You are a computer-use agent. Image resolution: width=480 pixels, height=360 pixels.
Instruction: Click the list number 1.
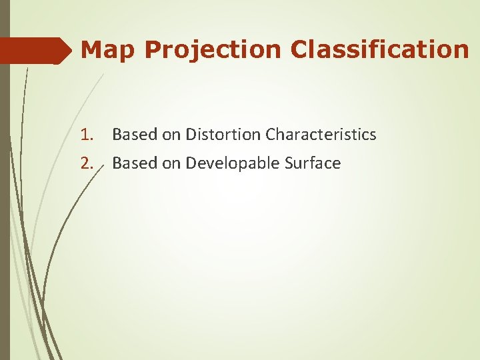87,135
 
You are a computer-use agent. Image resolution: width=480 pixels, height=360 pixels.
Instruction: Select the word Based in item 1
135,135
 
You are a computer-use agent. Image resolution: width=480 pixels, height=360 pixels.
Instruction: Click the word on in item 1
171,135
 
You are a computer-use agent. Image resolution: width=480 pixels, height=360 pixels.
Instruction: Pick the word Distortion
223,135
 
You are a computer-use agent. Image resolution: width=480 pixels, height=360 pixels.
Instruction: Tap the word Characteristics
321,135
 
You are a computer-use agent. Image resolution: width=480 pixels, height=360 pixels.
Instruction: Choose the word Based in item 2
135,163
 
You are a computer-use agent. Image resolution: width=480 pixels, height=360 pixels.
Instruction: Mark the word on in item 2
171,163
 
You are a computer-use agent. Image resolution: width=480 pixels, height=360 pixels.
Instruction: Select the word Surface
314,163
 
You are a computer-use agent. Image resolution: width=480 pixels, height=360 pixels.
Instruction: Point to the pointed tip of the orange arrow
70,51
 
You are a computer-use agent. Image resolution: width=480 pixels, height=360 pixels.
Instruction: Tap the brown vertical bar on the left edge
5,200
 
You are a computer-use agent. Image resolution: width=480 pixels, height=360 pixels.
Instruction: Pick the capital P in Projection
151,50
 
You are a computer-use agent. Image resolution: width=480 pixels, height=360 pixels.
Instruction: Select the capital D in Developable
190,163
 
